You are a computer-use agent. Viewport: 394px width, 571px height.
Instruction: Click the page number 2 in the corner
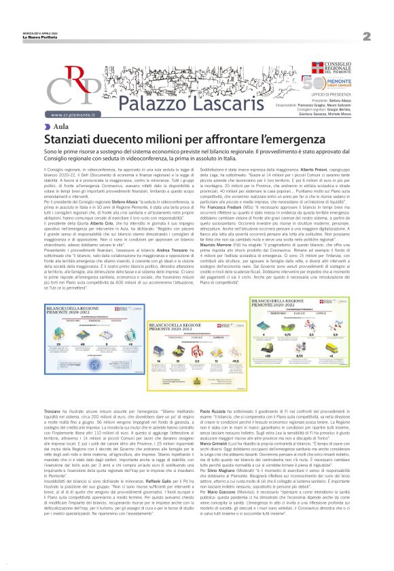[366, 36]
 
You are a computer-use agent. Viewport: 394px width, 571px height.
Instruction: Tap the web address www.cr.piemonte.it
[74, 116]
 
